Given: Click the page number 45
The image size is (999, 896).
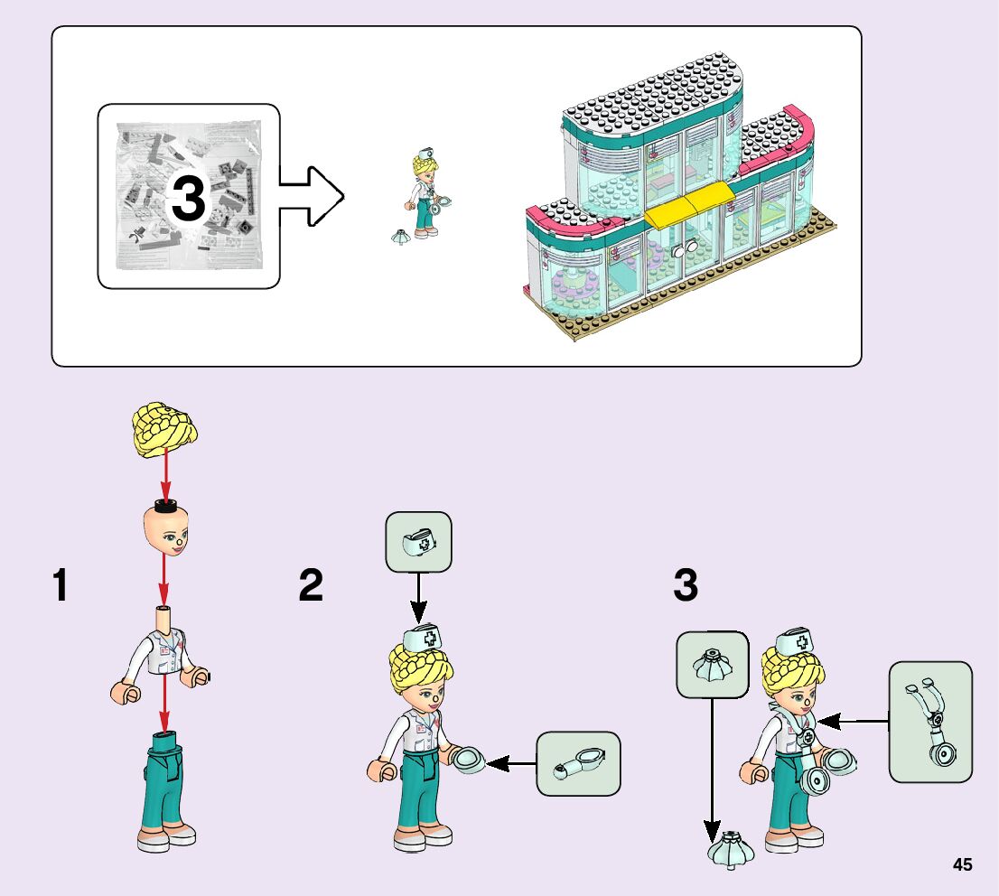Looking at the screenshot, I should (x=962, y=864).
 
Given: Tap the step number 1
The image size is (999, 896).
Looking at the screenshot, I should (x=60, y=585).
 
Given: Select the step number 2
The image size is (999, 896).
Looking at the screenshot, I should (x=311, y=585).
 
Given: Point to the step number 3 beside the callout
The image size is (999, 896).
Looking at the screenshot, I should (x=686, y=585).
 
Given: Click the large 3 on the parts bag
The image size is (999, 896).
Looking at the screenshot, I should (x=187, y=199).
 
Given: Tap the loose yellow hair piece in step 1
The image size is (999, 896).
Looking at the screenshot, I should (x=164, y=429).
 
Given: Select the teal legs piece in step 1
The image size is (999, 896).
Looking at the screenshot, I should (x=165, y=788).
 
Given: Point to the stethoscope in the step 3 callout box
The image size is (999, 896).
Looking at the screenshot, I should (x=931, y=723).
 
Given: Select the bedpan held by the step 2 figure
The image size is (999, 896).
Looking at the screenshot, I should (x=470, y=759).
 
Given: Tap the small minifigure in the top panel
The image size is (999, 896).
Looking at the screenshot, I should (x=425, y=195).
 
